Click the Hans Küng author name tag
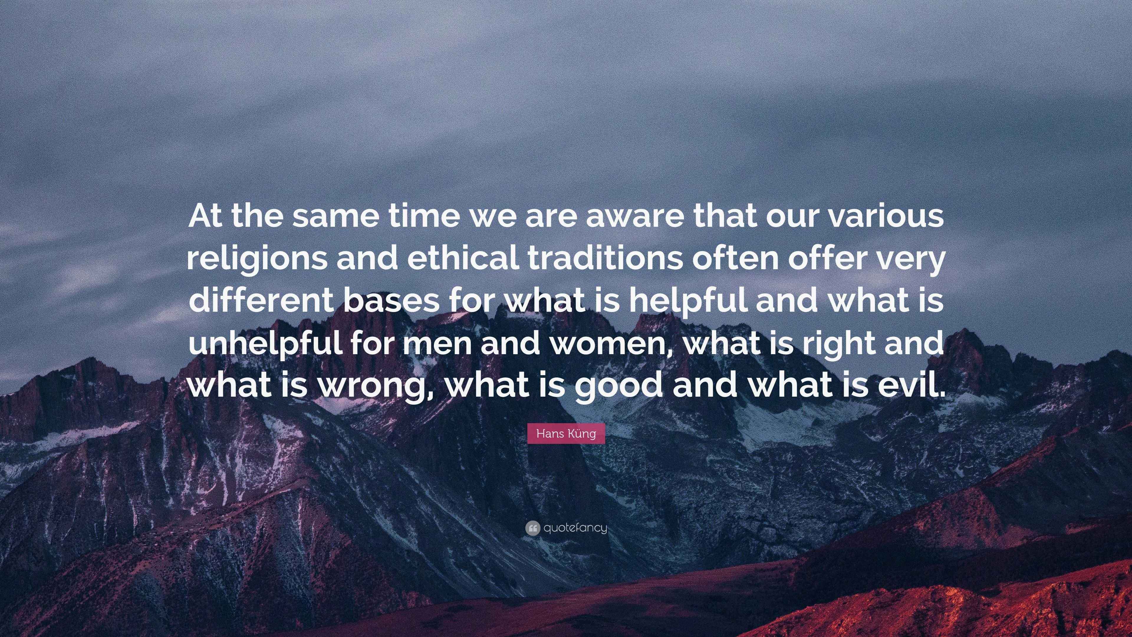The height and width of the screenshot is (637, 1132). click(566, 434)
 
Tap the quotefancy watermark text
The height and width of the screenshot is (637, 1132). click(575, 528)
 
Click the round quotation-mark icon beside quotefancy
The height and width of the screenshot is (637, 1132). click(532, 528)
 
